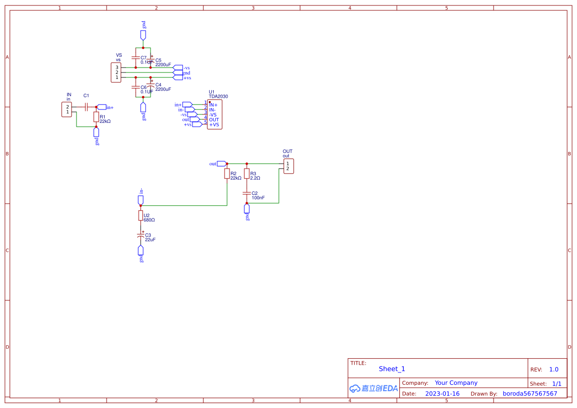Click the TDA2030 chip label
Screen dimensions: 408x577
[x=218, y=97]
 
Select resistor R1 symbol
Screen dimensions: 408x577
[x=96, y=117]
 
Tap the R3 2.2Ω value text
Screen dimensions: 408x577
[x=255, y=178]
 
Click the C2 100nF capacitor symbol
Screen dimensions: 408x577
[x=247, y=193]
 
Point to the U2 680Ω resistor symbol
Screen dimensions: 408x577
[x=141, y=216]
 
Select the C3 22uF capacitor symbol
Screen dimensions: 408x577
[x=141, y=237]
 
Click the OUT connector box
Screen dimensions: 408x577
[x=289, y=166]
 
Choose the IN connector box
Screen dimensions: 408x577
[x=67, y=110]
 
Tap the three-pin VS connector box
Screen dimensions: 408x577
[x=116, y=73]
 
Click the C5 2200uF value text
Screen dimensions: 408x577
[x=163, y=65]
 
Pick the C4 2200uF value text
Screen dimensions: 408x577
[x=163, y=89]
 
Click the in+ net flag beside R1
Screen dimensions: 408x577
[x=102, y=107]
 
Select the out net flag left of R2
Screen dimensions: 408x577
[x=222, y=164]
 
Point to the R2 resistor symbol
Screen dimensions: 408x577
[x=227, y=174]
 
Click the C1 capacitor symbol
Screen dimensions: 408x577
[x=86, y=107]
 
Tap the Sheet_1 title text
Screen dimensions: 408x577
[x=392, y=369]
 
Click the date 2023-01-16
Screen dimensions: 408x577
[x=442, y=394]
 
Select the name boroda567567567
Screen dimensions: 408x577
[x=530, y=394]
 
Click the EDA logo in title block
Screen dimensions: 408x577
[x=374, y=388]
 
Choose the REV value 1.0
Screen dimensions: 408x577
[x=554, y=370]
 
